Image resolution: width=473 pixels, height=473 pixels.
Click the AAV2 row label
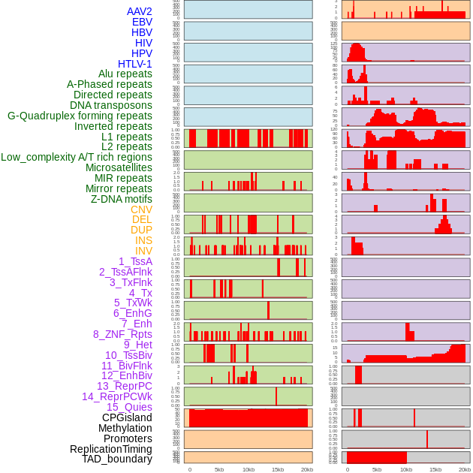click(x=140, y=11)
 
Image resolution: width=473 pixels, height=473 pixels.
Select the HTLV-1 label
click(x=135, y=64)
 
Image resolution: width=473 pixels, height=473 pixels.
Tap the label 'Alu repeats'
click(x=125, y=74)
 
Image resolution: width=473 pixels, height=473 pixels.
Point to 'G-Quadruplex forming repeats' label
click(x=80, y=116)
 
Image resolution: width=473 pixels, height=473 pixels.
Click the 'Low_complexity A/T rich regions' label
click(x=77, y=157)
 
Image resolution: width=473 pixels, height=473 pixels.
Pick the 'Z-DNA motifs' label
click(x=122, y=199)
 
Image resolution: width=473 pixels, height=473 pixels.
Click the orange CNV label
click(x=141, y=209)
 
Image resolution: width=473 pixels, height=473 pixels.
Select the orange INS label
click(x=143, y=240)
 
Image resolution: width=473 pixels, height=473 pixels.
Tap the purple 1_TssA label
click(x=135, y=261)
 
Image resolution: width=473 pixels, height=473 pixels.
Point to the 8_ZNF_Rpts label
click(x=122, y=334)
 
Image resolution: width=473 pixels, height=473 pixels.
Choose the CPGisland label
click(x=127, y=417)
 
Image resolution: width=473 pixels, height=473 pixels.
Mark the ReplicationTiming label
click(x=111, y=449)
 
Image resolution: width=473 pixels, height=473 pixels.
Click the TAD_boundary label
click(x=117, y=459)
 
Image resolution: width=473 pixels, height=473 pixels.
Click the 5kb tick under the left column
click(x=219, y=469)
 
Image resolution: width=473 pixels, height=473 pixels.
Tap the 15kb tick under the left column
click(x=278, y=469)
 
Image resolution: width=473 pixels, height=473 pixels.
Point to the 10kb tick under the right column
click(x=406, y=469)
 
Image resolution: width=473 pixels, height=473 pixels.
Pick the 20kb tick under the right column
click(x=465, y=469)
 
